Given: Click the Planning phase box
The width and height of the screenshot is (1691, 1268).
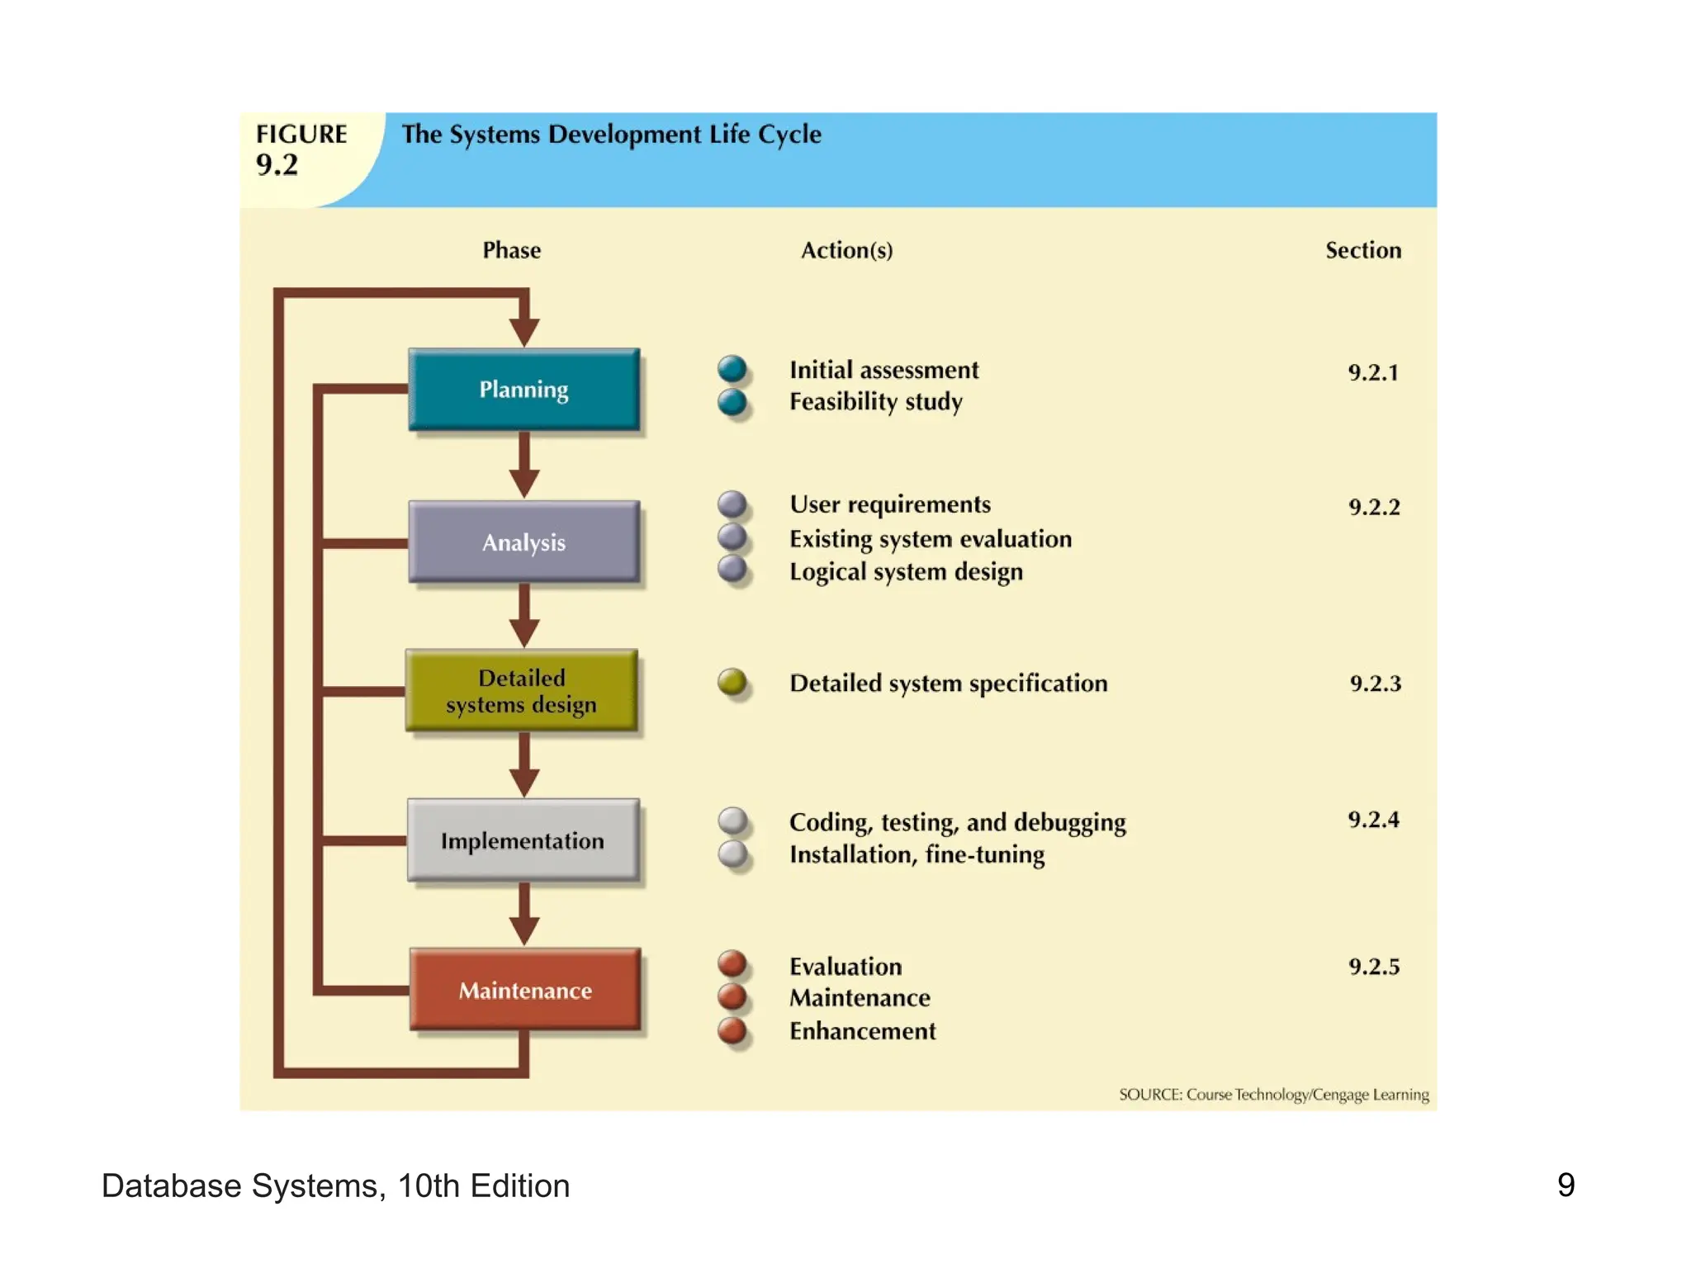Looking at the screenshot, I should pos(523,389).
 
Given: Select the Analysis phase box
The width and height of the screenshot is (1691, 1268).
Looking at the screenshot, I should pos(523,542).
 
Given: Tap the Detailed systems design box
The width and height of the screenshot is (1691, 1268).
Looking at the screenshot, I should pos(521,691).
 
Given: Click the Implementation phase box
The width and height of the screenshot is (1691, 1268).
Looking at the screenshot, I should pos(523,840).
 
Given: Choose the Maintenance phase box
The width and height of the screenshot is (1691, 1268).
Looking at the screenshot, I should pos(525,990).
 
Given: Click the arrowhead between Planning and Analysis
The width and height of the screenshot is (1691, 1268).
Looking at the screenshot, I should pos(523,482).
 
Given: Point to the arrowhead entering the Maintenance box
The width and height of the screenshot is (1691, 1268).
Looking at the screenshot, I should pos(523,930).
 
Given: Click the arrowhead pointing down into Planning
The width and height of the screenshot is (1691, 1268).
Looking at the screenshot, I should pos(523,332).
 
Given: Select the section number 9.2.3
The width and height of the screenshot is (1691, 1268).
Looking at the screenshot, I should pos(1375,684).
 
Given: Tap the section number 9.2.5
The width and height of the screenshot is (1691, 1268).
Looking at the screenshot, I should pos(1374,967).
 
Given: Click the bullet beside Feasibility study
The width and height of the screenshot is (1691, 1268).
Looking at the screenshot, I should pos(732,402).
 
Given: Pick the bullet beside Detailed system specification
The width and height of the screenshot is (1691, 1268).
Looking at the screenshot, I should pos(732,682).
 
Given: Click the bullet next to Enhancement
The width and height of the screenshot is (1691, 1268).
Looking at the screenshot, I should pos(732,1030).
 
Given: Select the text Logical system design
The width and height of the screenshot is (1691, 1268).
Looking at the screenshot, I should pos(906,572).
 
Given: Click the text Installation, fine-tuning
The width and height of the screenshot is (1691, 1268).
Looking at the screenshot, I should pos(917,854).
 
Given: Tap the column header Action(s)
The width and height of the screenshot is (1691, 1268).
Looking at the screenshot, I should pos(846,250).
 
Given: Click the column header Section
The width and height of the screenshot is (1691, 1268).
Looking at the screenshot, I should pos(1362,250).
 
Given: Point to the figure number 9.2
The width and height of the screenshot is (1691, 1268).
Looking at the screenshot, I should pos(277,165).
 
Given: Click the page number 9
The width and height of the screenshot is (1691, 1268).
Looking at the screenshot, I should pos(1565,1185).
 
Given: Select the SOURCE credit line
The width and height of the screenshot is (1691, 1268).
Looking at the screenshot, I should pos(1273,1095).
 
